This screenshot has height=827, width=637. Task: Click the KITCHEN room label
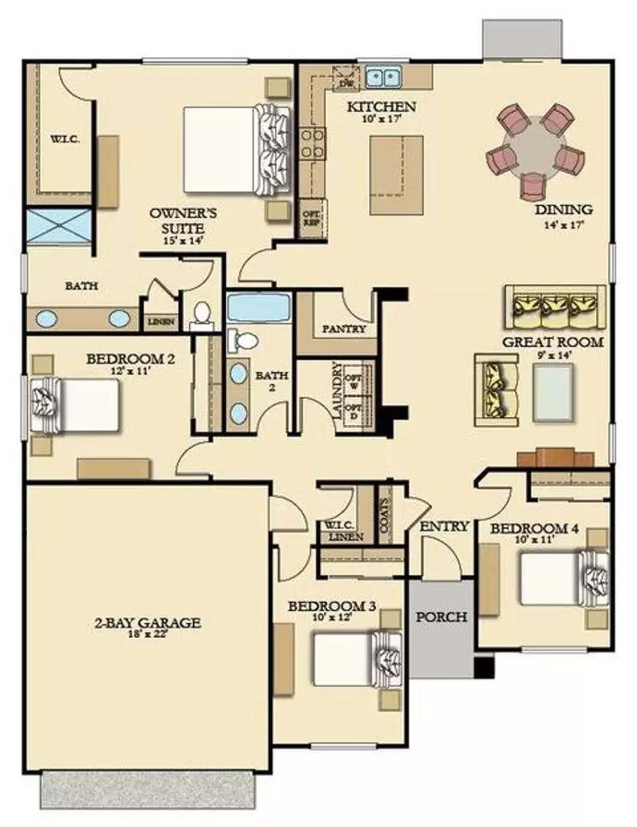381,106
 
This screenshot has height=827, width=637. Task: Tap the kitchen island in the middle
396,175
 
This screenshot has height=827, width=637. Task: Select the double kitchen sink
384,77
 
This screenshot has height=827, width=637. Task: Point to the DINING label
563,209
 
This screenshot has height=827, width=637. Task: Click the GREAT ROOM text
552,342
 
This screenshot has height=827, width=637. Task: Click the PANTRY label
344,329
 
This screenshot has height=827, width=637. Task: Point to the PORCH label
440,617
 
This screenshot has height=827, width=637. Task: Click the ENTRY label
444,526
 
